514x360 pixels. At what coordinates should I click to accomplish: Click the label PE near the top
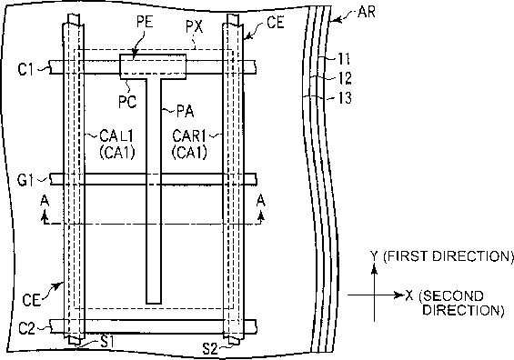145,22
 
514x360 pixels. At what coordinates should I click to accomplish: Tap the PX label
195,27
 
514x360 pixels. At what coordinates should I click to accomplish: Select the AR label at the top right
367,13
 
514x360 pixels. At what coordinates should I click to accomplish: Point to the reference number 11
344,59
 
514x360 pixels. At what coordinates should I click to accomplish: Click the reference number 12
345,78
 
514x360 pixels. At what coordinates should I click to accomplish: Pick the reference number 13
345,97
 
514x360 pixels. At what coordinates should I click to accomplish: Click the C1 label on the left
25,69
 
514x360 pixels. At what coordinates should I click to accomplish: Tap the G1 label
25,180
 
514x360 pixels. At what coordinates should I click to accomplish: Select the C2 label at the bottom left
26,328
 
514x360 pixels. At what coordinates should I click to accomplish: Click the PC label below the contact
127,102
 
